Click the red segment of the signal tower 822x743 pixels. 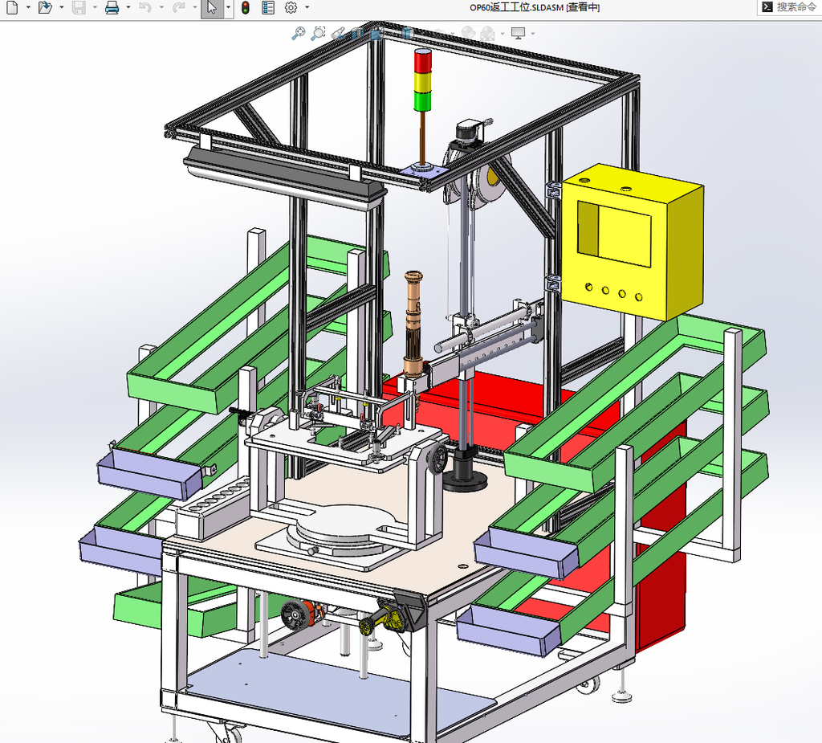422,61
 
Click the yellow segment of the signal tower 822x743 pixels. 422,83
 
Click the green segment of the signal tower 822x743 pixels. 422,100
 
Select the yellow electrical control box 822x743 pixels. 633,241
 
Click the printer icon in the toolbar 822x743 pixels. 112,7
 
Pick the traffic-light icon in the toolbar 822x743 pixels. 245,7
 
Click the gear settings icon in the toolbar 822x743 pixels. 291,7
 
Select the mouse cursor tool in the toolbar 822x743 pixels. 212,7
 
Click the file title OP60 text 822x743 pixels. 535,7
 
